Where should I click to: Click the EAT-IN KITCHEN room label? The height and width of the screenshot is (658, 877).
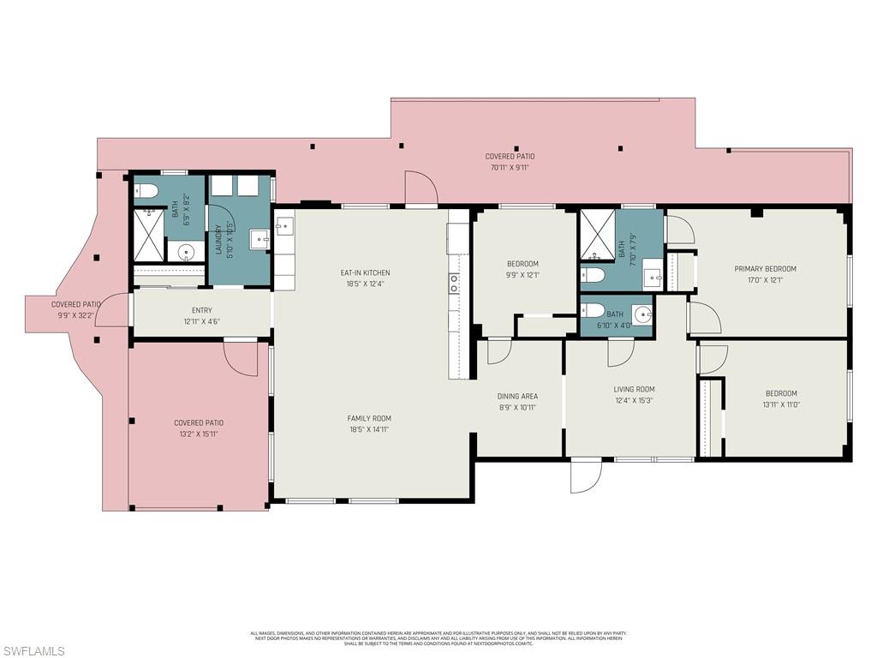tap(366, 273)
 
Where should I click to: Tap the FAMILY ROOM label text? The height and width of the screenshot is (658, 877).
tap(369, 419)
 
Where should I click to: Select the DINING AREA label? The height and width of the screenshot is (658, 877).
tap(517, 397)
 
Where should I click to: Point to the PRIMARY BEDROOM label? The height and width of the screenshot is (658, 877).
tap(765, 269)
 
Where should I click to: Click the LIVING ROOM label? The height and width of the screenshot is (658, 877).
tap(634, 390)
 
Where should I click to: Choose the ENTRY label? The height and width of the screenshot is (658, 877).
tap(201, 311)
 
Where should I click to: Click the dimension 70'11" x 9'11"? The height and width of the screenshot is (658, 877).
tap(510, 167)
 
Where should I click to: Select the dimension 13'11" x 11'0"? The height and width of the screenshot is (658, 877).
tap(780, 404)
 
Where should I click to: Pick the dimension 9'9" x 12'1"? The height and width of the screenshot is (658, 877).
tap(522, 275)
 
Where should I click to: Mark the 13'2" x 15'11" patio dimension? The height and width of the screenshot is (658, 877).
tap(199, 434)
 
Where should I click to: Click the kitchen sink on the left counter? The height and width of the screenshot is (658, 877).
tap(284, 226)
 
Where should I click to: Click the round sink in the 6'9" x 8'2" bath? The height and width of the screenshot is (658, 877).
tap(185, 253)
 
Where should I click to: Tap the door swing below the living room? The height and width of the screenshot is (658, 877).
tap(585, 476)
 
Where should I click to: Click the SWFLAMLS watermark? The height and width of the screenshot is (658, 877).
tap(33, 651)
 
